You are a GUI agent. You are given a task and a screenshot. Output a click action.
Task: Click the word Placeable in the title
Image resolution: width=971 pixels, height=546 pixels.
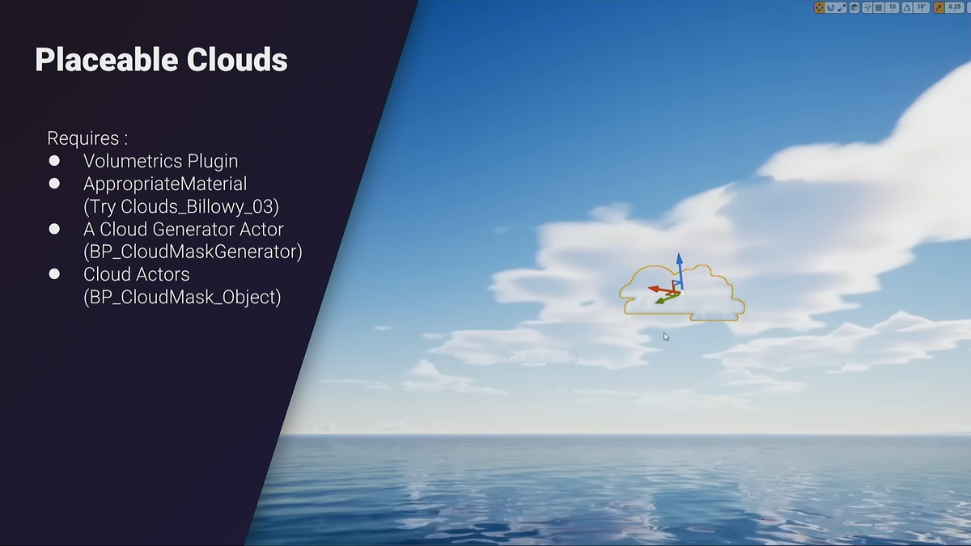pyautogui.click(x=107, y=60)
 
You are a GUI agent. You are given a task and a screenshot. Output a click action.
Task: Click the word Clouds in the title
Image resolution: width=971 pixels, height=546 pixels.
pyautogui.click(x=237, y=59)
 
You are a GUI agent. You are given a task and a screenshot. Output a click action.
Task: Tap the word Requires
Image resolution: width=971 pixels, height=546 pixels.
pyautogui.click(x=83, y=138)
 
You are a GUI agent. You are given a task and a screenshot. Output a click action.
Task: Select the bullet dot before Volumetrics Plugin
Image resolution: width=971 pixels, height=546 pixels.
pyautogui.click(x=54, y=161)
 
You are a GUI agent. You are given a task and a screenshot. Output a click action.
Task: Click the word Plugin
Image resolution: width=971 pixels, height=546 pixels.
pyautogui.click(x=213, y=162)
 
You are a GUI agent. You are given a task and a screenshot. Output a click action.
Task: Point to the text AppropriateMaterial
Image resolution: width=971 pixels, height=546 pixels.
pyautogui.click(x=165, y=184)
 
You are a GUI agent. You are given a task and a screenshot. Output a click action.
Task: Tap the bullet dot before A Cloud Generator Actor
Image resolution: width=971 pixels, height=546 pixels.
pyautogui.click(x=54, y=229)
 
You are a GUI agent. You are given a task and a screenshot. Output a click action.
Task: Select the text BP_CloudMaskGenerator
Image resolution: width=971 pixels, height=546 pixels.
pyautogui.click(x=193, y=252)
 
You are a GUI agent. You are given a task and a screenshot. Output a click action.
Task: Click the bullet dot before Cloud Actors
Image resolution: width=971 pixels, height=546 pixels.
pyautogui.click(x=54, y=274)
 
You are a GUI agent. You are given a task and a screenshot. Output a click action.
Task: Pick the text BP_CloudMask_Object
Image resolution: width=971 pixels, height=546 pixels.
pyautogui.click(x=182, y=298)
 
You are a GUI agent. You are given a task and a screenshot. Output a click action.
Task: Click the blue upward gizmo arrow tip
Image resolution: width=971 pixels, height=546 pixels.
pyautogui.click(x=679, y=254)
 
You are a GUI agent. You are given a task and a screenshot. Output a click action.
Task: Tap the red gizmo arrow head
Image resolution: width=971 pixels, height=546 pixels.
pyautogui.click(x=654, y=289)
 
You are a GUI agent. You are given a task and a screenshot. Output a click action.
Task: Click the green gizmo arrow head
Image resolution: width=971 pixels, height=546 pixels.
pyautogui.click(x=659, y=301)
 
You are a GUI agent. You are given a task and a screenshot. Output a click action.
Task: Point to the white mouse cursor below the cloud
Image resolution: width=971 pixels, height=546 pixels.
pyautogui.click(x=666, y=337)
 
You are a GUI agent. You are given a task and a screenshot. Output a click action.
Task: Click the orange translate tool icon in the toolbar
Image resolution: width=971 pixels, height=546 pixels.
pyautogui.click(x=819, y=7)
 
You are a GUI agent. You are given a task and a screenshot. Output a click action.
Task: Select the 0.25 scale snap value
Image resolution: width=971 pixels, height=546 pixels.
pyautogui.click(x=955, y=7)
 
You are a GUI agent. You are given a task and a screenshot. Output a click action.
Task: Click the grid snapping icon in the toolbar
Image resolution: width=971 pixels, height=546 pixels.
pyautogui.click(x=879, y=8)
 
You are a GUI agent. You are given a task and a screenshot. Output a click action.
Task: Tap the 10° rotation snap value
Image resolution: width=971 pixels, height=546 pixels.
pyautogui.click(x=921, y=7)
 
